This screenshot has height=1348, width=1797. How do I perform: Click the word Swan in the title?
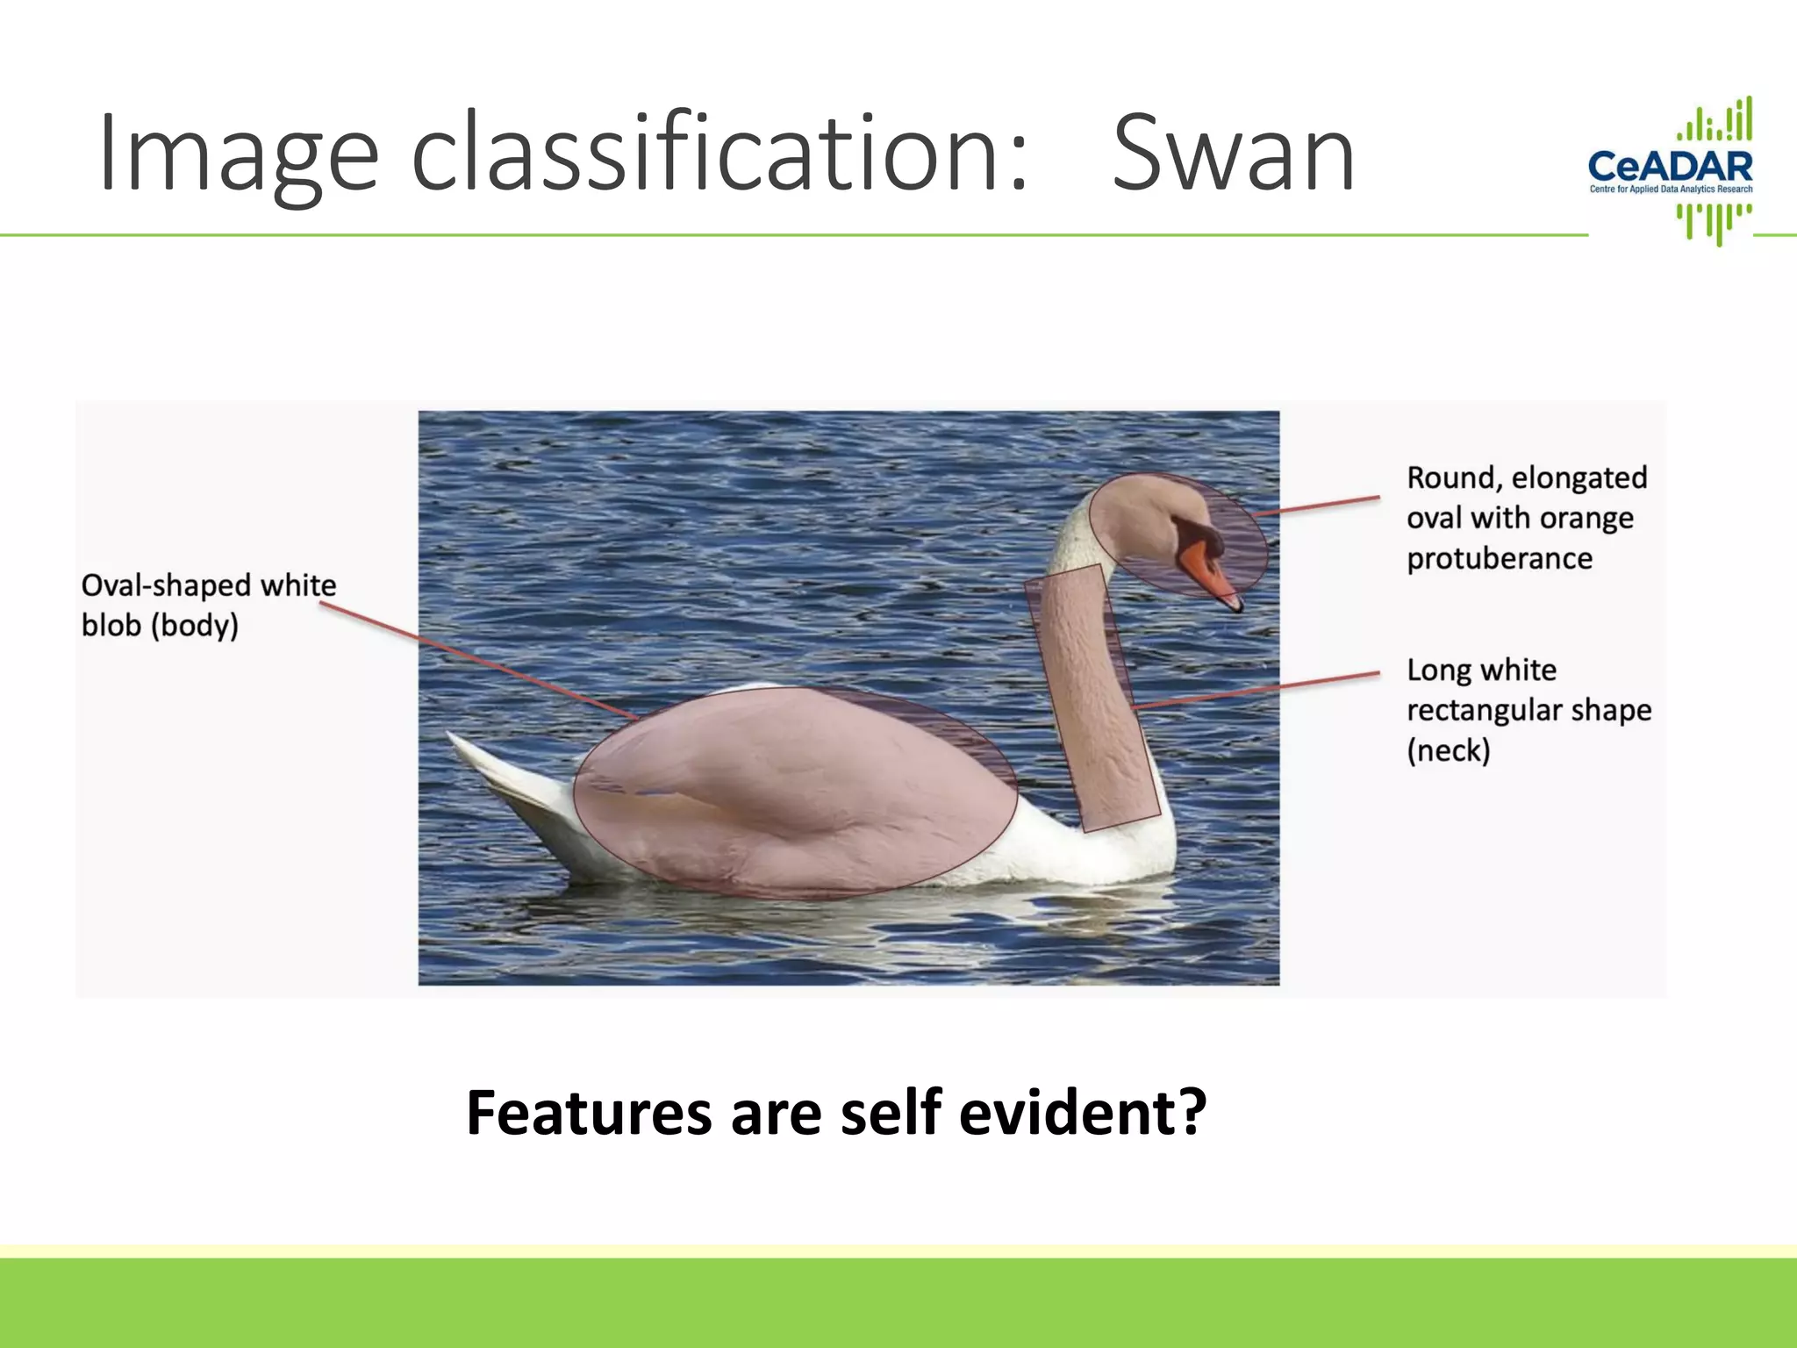[x=1233, y=155]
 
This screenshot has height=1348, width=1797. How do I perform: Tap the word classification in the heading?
[x=718, y=155]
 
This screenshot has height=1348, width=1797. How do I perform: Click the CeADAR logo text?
[x=1670, y=166]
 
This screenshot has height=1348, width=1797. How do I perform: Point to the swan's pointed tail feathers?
[x=491, y=772]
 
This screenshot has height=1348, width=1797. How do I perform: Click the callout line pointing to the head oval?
[x=1316, y=505]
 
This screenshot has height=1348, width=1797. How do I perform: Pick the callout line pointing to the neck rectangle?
[x=1255, y=690]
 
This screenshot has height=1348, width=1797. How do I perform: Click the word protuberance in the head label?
[x=1499, y=558]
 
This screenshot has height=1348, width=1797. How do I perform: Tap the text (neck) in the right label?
[x=1448, y=750]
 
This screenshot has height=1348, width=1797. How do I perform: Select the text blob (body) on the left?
[x=160, y=626]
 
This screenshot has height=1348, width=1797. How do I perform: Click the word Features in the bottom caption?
[x=588, y=1113]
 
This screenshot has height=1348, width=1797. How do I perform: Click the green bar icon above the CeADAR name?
[x=1715, y=121]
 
